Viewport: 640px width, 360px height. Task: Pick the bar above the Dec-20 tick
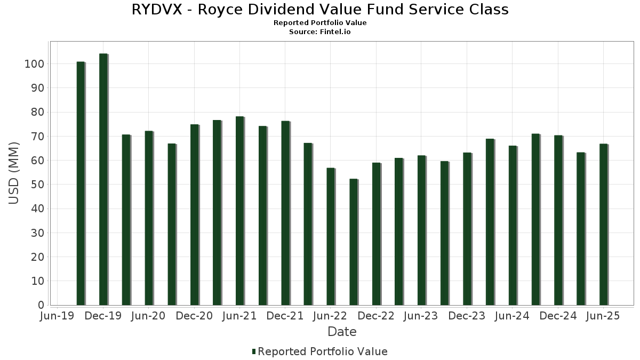pyautogui.click(x=194, y=215)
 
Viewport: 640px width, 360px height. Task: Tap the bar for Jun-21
pyautogui.click(x=239, y=211)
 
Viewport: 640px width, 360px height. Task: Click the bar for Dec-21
pyautogui.click(x=285, y=213)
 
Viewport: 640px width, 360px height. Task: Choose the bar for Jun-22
pyautogui.click(x=331, y=237)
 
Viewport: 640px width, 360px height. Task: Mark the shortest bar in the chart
pyautogui.click(x=353, y=242)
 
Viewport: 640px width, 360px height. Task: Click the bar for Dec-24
pyautogui.click(x=558, y=220)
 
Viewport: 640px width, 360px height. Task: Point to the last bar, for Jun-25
pyautogui.click(x=603, y=225)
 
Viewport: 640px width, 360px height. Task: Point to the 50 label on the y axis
pyautogui.click(x=38, y=185)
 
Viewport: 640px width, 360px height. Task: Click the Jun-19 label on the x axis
pyautogui.click(x=58, y=316)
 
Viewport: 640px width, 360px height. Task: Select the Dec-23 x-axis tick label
pyautogui.click(x=467, y=316)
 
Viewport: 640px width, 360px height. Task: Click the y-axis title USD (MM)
pyautogui.click(x=14, y=173)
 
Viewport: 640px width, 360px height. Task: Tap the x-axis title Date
pyautogui.click(x=342, y=332)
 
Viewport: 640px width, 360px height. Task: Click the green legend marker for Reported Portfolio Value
pyautogui.click(x=254, y=351)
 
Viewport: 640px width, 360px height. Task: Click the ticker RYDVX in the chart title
pyautogui.click(x=158, y=10)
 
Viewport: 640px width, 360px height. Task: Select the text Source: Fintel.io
pyautogui.click(x=320, y=32)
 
